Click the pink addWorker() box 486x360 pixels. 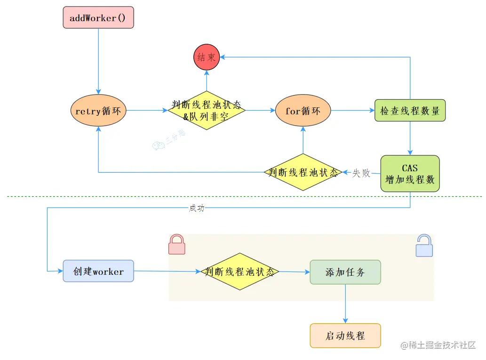click(98, 17)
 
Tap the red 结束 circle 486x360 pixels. click(207, 57)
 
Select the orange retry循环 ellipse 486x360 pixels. click(98, 111)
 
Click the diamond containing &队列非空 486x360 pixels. click(207, 111)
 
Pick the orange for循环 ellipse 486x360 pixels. click(303, 111)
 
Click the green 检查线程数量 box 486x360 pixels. click(410, 111)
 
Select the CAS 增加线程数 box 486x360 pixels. click(410, 174)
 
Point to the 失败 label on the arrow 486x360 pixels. click(361, 173)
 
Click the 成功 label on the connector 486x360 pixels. click(197, 208)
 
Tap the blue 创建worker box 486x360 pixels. click(98, 271)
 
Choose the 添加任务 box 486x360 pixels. click(345, 272)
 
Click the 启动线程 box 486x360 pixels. click(345, 336)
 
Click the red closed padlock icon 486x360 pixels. click(176, 245)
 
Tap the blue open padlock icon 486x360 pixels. click(424, 246)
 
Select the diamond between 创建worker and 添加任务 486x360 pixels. click(240, 272)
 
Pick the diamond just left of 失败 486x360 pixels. click(303, 172)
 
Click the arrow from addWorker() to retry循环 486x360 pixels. click(98, 61)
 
